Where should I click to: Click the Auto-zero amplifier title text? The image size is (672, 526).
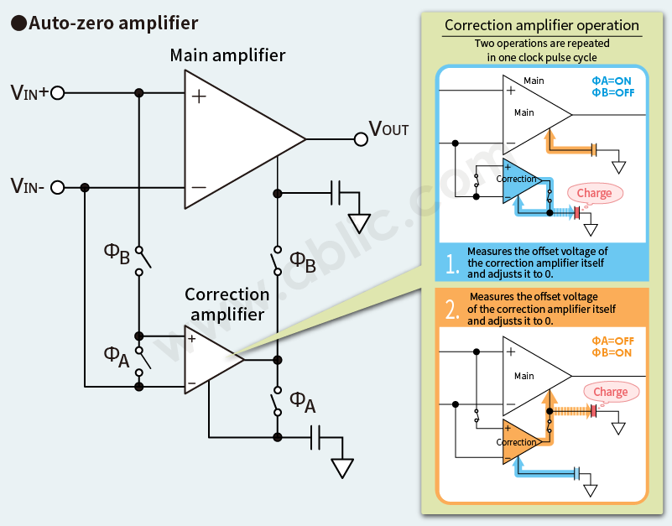click(x=114, y=23)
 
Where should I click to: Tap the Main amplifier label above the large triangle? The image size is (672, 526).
click(x=227, y=56)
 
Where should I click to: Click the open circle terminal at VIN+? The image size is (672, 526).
click(x=58, y=92)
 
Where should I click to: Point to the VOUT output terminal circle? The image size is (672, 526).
click(x=360, y=138)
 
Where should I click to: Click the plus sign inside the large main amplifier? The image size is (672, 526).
click(x=199, y=96)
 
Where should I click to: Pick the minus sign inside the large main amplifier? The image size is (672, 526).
click(x=199, y=186)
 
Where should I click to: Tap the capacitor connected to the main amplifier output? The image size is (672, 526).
click(x=336, y=193)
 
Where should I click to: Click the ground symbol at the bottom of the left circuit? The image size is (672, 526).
click(x=341, y=467)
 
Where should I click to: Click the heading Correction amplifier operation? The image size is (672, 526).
click(x=542, y=25)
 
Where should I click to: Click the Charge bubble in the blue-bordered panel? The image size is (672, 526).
click(x=595, y=194)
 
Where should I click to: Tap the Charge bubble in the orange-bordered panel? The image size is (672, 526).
click(x=610, y=392)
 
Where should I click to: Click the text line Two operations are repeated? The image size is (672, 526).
click(x=542, y=43)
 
